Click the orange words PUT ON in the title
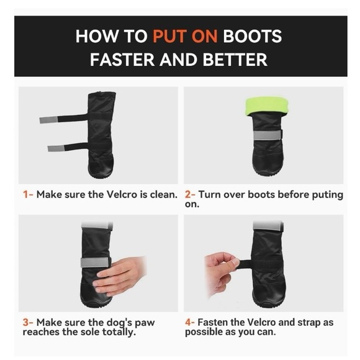pyautogui.click(x=185, y=36)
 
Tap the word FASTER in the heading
pyautogui.click(x=122, y=60)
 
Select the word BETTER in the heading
pyautogui.click(x=235, y=60)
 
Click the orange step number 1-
pyautogui.click(x=28, y=195)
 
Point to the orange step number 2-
pyautogui.click(x=190, y=195)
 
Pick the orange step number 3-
pyautogui.click(x=28, y=322)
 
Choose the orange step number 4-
pyautogui.click(x=190, y=322)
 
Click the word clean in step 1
pyautogui.click(x=163, y=195)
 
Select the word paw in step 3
pyautogui.click(x=145, y=323)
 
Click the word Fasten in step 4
pyautogui.click(x=213, y=322)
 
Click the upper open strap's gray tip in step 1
pyautogui.click(x=48, y=120)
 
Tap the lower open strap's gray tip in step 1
pyautogui.click(x=56, y=148)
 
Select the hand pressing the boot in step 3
pyautogui.click(x=119, y=276)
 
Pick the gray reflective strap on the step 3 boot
pyautogui.click(x=96, y=263)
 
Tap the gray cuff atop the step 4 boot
pyautogui.click(x=268, y=226)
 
